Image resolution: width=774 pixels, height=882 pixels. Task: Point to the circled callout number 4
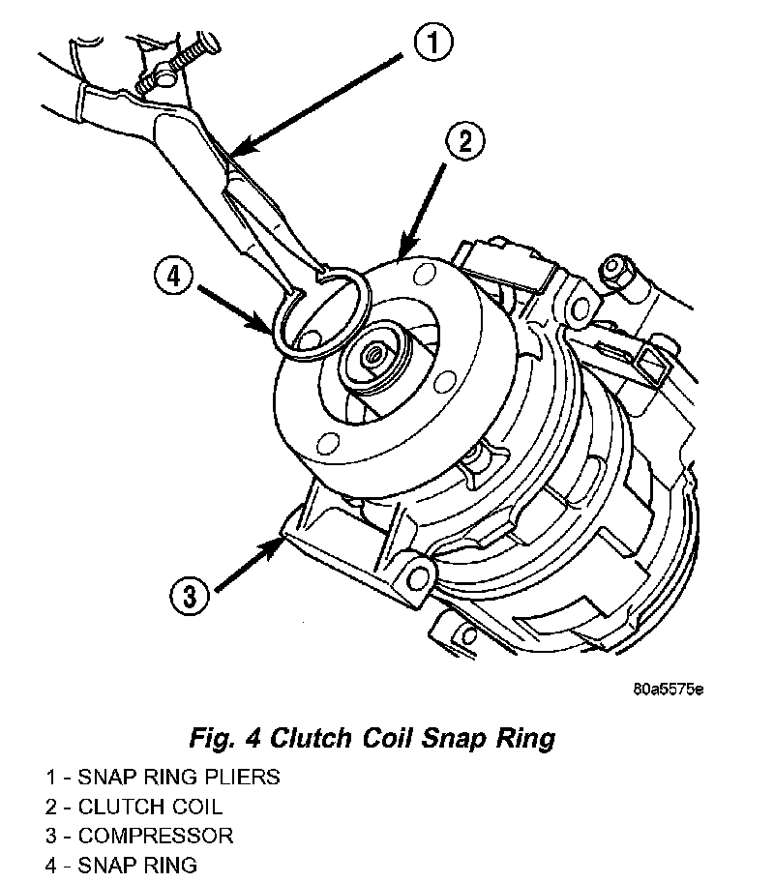click(172, 278)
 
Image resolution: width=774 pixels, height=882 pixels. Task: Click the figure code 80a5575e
click(668, 690)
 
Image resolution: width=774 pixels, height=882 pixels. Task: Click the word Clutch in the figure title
click(301, 740)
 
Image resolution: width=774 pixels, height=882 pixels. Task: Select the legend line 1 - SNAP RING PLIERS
click(163, 777)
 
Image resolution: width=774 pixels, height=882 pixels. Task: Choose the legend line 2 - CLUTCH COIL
click(134, 806)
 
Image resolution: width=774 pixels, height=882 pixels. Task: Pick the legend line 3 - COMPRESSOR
click(139, 835)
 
